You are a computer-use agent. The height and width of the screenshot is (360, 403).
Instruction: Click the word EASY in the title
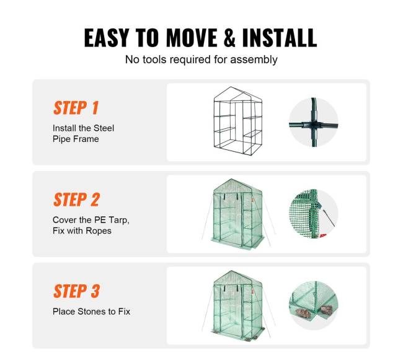point(106,38)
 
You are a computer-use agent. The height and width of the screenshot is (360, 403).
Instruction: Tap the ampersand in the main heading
point(229,38)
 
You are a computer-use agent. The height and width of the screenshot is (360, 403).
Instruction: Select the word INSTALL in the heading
point(280,38)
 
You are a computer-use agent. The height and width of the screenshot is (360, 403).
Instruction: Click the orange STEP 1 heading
point(76,108)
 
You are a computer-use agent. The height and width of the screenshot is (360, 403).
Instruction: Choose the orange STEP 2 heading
point(76,200)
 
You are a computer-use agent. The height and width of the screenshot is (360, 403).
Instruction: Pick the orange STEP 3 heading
point(76,291)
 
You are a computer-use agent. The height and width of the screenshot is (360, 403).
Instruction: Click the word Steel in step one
point(104,128)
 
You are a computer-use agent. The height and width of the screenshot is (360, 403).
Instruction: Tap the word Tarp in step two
point(119,220)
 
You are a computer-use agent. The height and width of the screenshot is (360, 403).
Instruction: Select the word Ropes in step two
point(99,230)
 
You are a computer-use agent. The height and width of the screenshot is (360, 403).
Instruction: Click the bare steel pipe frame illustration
point(238,121)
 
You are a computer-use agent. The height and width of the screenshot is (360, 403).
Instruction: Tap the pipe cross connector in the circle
point(314,125)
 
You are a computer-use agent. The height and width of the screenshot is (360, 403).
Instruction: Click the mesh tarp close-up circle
point(314,214)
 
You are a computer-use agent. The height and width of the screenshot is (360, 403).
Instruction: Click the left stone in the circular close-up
point(304,312)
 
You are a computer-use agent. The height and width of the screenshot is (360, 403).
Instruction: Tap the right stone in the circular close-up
point(326,310)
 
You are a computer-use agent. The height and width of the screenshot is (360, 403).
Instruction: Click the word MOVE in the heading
point(192,38)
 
